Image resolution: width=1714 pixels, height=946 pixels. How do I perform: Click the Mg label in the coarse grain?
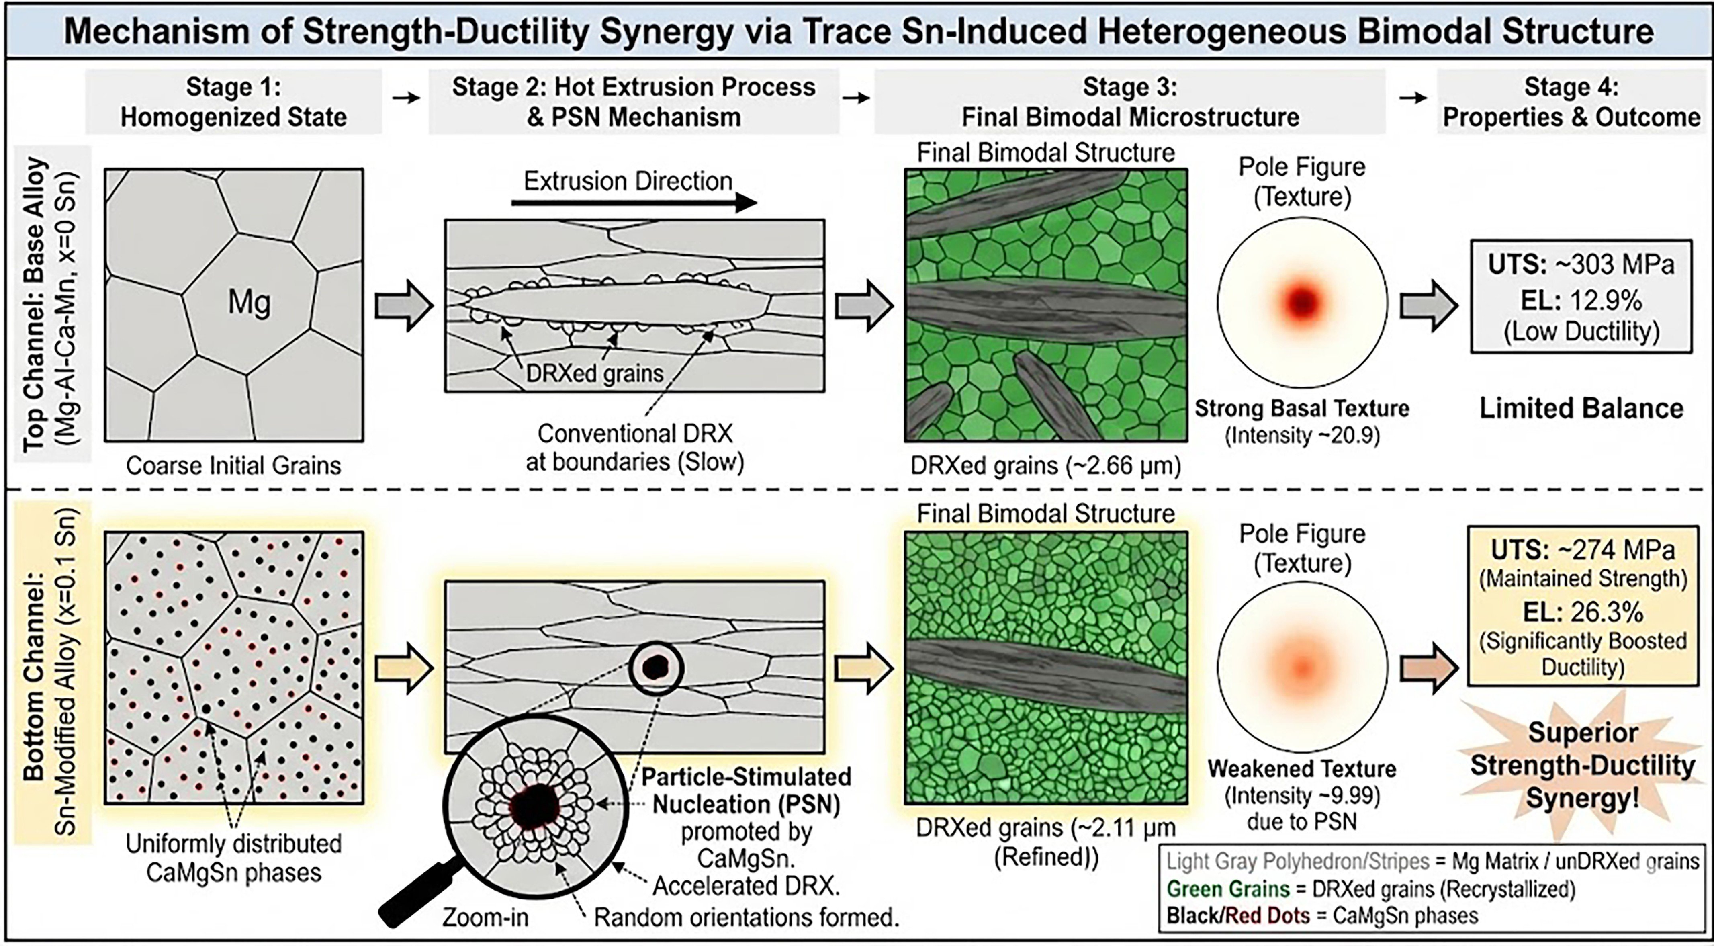click(250, 303)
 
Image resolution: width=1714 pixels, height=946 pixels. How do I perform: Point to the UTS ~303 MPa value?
click(1580, 265)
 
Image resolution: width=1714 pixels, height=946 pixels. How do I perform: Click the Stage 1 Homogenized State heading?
click(233, 102)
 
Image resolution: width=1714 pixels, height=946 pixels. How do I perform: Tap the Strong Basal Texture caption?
click(1302, 408)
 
